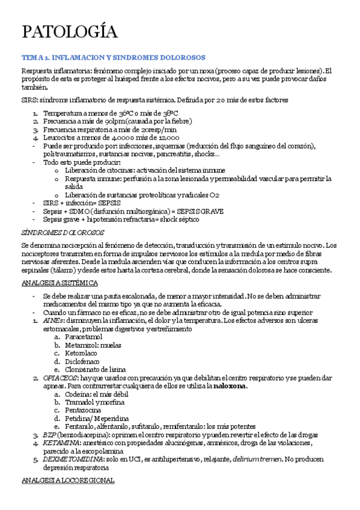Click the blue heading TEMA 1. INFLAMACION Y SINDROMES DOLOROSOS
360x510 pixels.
point(113,57)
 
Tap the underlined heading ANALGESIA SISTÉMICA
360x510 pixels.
point(59,282)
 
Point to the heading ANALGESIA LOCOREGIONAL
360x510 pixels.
point(67,481)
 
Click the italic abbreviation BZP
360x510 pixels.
point(49,434)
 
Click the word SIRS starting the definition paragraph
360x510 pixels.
point(28,99)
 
